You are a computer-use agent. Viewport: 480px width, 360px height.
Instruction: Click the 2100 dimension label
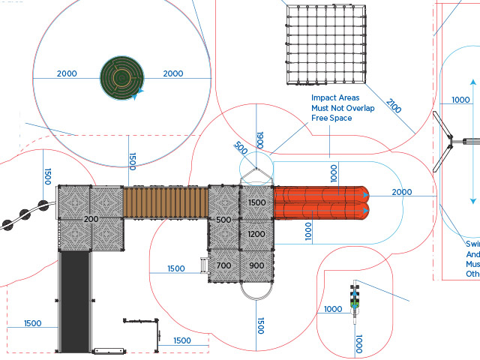click(394, 106)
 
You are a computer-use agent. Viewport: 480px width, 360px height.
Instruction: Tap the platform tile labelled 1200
click(256, 235)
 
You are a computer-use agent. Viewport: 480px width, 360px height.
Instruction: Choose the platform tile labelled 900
click(256, 265)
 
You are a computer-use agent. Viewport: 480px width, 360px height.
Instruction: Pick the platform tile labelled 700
click(223, 265)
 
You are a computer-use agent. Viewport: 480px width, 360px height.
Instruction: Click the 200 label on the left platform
click(91, 219)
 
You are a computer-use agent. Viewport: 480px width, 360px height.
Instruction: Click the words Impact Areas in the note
click(335, 98)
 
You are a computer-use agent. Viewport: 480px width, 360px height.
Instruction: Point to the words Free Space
click(331, 118)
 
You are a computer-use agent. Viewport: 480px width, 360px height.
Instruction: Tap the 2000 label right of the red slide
click(402, 193)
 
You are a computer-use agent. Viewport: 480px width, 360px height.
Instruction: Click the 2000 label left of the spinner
click(66, 73)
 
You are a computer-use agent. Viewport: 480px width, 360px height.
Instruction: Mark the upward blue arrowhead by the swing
click(472, 82)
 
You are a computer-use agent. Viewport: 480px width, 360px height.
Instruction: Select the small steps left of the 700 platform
click(202, 265)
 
